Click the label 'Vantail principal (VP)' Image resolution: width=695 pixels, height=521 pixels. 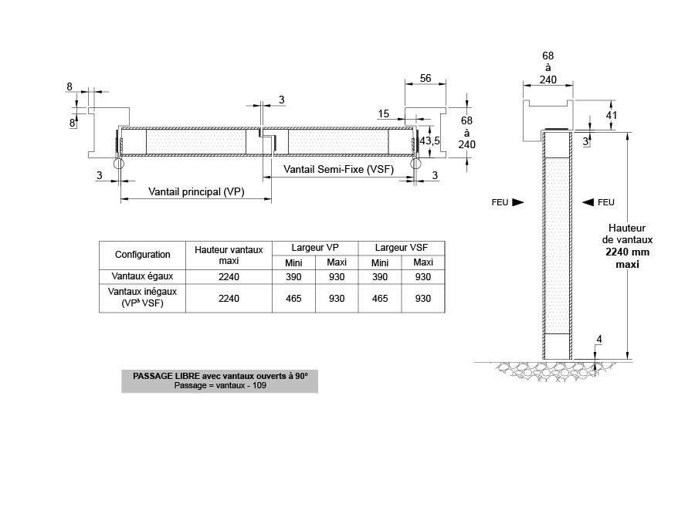tap(196, 192)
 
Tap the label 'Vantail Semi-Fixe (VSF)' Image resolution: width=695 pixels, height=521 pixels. tap(338, 169)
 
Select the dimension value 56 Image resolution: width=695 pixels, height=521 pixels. tap(425, 78)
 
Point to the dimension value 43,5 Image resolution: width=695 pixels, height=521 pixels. tap(429, 140)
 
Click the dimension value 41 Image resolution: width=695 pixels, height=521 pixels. tap(611, 115)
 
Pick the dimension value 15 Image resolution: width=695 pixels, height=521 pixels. tap(383, 114)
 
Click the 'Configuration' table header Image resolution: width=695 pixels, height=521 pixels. tap(142, 255)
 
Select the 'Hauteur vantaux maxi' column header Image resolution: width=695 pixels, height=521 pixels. tap(229, 255)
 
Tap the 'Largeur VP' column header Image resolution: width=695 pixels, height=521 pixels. tap(315, 248)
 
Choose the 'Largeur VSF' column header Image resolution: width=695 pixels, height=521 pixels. tap(401, 248)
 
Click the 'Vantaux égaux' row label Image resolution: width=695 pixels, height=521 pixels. tap(142, 276)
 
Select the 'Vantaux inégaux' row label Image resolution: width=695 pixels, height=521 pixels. tap(142, 298)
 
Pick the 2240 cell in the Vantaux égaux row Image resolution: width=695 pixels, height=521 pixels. tap(229, 276)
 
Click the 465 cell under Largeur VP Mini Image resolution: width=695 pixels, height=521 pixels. tap(293, 298)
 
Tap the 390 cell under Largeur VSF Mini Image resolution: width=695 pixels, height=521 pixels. tap(380, 276)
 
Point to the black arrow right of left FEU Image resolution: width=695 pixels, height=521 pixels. tap(517, 202)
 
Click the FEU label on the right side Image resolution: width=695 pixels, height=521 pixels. tap(606, 202)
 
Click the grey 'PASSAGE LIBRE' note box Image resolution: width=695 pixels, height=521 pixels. tap(219, 381)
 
